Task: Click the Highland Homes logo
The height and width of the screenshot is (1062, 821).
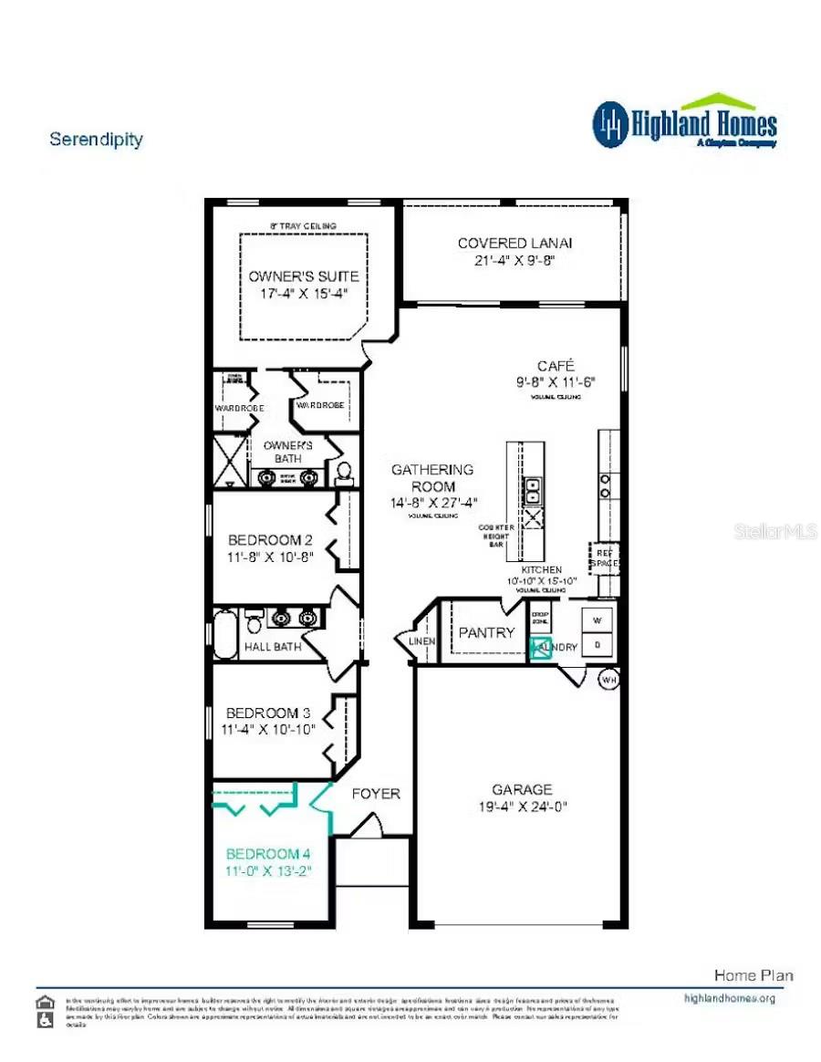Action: (684, 122)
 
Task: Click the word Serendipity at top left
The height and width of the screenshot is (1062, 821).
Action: (96, 140)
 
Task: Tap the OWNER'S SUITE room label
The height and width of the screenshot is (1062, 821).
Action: (304, 276)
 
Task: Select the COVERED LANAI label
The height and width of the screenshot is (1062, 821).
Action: (514, 243)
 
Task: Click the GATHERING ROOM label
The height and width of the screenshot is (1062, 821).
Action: (432, 477)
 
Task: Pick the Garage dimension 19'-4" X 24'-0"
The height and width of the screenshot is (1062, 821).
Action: (522, 806)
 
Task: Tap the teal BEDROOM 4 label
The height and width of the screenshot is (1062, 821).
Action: (268, 854)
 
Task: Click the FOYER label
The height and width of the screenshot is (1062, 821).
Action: (376, 794)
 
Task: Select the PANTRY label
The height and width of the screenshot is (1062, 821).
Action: (486, 632)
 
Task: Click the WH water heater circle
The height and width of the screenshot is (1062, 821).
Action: (608, 679)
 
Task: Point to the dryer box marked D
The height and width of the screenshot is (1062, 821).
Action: (598, 643)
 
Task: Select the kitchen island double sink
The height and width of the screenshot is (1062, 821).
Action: (534, 491)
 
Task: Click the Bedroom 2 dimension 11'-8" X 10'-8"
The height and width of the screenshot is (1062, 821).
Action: (271, 557)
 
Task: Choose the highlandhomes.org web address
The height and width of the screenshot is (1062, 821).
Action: (730, 998)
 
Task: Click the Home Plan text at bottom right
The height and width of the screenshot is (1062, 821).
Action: (753, 975)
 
